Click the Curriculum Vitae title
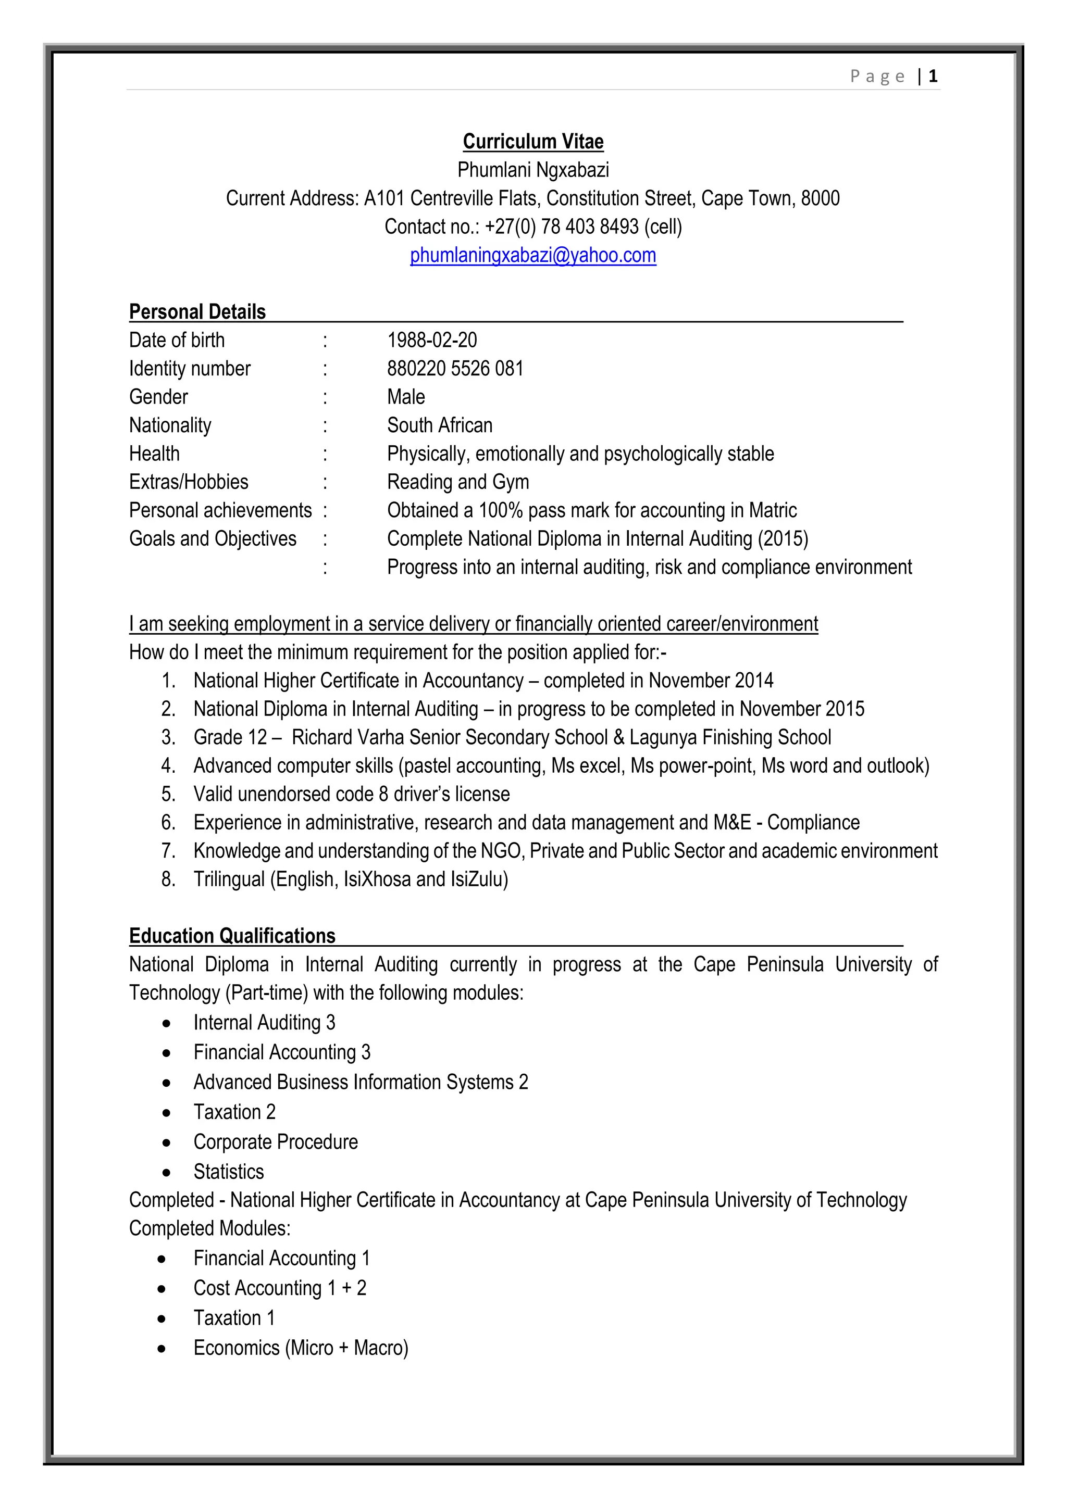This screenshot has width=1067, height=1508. coord(533,142)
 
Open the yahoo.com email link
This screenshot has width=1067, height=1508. coord(533,256)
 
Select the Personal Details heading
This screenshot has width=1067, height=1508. coord(197,312)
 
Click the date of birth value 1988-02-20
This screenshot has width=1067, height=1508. coord(432,340)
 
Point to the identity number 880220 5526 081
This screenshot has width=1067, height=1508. coord(455,369)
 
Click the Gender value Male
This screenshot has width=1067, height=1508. coord(405,397)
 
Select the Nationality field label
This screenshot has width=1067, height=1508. coord(170,425)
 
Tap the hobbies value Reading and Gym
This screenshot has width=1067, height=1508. coord(457,482)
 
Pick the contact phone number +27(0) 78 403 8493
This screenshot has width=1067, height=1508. coord(561,227)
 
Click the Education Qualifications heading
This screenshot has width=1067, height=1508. coord(232,936)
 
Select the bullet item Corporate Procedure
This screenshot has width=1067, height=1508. coord(275,1141)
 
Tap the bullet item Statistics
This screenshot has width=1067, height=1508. coord(229,1172)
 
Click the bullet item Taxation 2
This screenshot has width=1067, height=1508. coord(234,1112)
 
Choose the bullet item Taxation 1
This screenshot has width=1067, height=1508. coord(234,1317)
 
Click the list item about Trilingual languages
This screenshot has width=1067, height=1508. coord(350,879)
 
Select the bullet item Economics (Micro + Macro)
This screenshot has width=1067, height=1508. coord(300,1348)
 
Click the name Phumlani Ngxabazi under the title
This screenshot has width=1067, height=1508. coord(533,170)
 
